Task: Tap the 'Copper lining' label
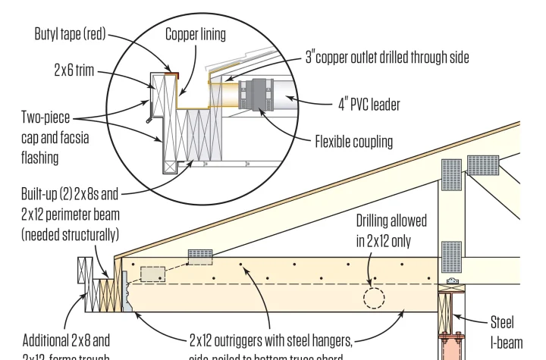click(195, 34)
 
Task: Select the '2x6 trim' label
click(73, 70)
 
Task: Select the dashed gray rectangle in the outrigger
click(153, 274)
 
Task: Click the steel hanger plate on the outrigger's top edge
click(200, 257)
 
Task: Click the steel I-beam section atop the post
click(451, 284)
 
